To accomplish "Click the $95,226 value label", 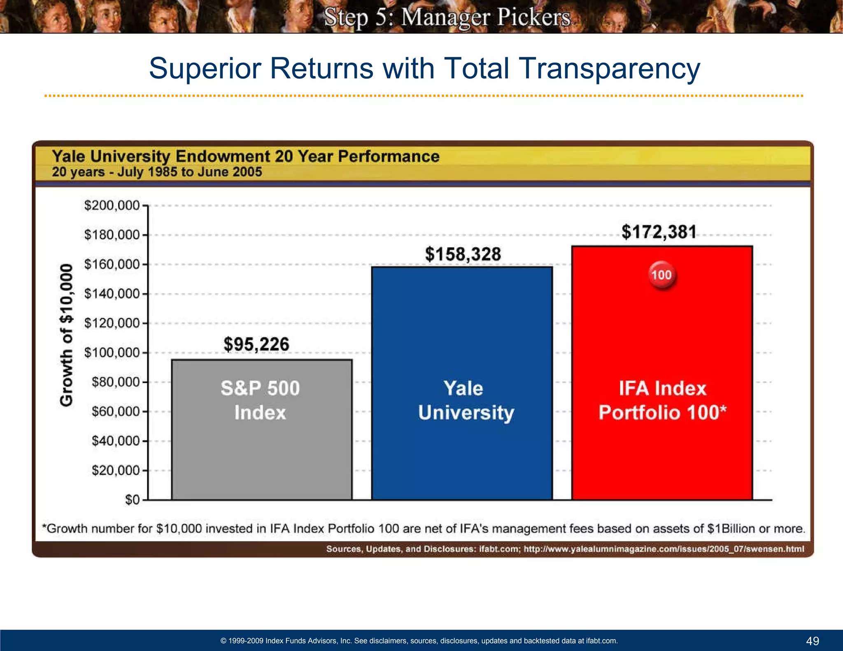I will (x=256, y=344).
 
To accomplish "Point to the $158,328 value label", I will (x=463, y=254).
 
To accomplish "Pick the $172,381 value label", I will (x=659, y=232).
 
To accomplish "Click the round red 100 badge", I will (x=661, y=275).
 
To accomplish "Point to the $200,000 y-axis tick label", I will (x=112, y=205).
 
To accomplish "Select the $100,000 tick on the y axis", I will (x=112, y=353).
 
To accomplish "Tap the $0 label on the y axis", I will (x=132, y=500).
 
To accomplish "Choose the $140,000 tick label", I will (x=112, y=294).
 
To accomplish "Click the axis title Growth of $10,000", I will (x=67, y=335).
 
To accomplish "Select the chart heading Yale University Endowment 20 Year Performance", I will (x=246, y=157).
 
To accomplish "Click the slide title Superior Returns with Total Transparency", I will (x=424, y=68).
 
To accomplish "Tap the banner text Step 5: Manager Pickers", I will (x=447, y=17).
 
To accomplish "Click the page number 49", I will (x=813, y=641).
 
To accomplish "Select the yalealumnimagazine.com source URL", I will (x=664, y=549).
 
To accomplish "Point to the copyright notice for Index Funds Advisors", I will (x=419, y=641).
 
